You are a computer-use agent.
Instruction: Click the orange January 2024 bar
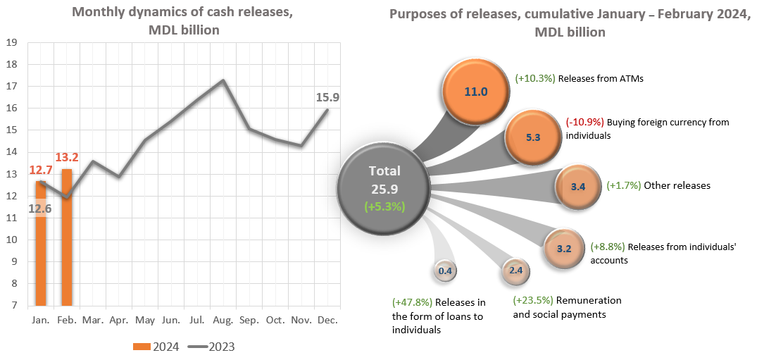(41, 243)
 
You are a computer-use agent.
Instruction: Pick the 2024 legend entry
(156, 346)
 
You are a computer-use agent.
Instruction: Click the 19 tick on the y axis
(11, 42)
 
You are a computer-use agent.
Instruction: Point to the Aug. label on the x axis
(223, 320)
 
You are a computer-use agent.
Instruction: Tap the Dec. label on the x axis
(327, 320)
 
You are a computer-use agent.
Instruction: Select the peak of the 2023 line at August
(223, 80)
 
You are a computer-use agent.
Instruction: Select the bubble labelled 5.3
(532, 137)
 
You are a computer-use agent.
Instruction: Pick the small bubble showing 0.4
(445, 271)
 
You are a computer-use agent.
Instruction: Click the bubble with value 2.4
(515, 270)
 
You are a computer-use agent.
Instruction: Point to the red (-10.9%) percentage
(584, 122)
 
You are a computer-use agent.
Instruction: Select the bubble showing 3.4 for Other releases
(577, 187)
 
